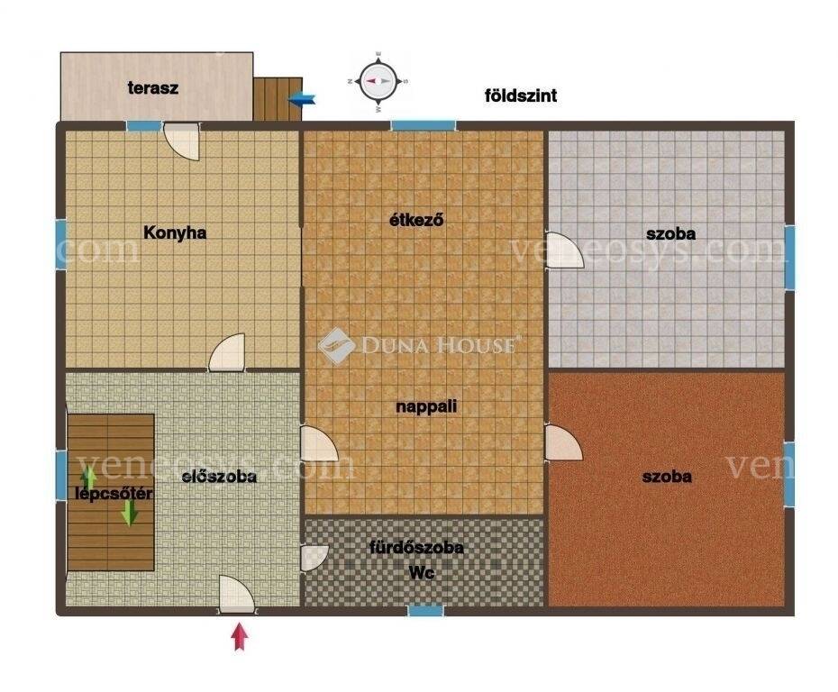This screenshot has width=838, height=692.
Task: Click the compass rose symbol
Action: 378,81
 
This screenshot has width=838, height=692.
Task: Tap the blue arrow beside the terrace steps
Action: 302,99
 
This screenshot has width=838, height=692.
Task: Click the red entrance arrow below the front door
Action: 240,637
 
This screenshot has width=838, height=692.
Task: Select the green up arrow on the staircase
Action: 88,478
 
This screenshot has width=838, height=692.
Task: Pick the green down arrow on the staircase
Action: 130,513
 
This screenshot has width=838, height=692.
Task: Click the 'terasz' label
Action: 153,87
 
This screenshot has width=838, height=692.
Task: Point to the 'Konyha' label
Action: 175,233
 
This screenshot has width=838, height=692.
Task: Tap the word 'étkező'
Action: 416,219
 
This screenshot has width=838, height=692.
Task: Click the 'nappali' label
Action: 426,406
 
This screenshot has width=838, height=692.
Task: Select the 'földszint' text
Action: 521,96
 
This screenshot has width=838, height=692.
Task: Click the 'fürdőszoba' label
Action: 416,547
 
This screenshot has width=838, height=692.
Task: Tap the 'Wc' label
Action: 421,572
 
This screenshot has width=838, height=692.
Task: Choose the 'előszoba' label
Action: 219,476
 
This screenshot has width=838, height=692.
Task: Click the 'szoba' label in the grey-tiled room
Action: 670,233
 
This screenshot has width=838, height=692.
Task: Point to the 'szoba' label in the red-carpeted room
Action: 667,476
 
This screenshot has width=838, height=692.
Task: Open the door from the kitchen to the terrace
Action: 182,141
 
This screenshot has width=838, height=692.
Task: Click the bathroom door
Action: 314,558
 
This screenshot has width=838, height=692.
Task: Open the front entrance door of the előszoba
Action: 236,594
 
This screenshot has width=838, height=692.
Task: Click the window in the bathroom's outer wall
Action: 426,610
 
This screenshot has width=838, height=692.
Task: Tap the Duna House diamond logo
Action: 336,345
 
